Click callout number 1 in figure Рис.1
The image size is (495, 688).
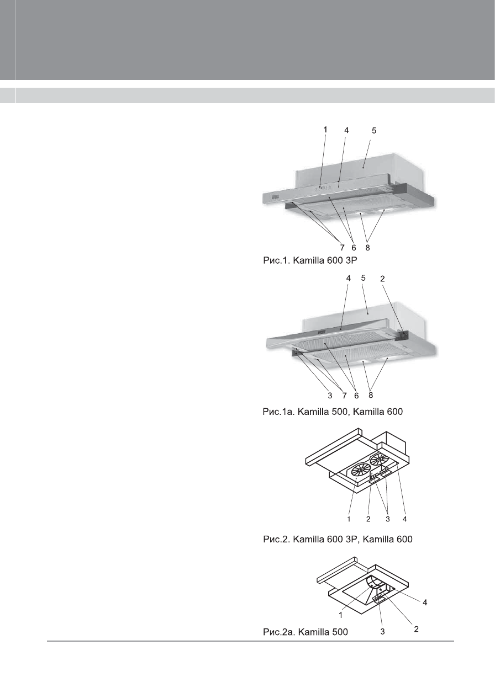pos(325,129)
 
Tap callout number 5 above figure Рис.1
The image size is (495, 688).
pos(374,131)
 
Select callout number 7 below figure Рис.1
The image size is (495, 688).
pos(343,248)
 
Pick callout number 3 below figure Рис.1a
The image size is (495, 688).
pos(330,396)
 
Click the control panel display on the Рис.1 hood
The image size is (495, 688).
pos(274,196)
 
